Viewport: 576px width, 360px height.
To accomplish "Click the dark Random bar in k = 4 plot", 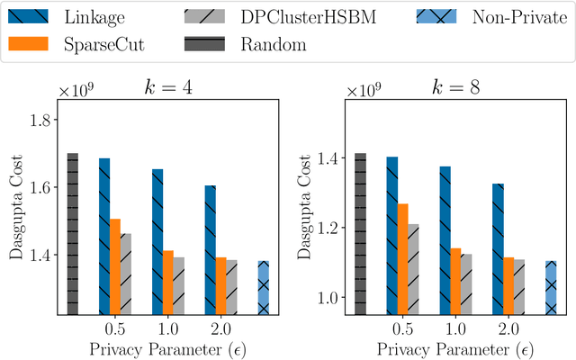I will point(73,234).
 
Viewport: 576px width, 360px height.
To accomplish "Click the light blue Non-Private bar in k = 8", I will point(551,288).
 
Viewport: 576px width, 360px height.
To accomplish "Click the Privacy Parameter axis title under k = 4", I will point(168,347).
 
